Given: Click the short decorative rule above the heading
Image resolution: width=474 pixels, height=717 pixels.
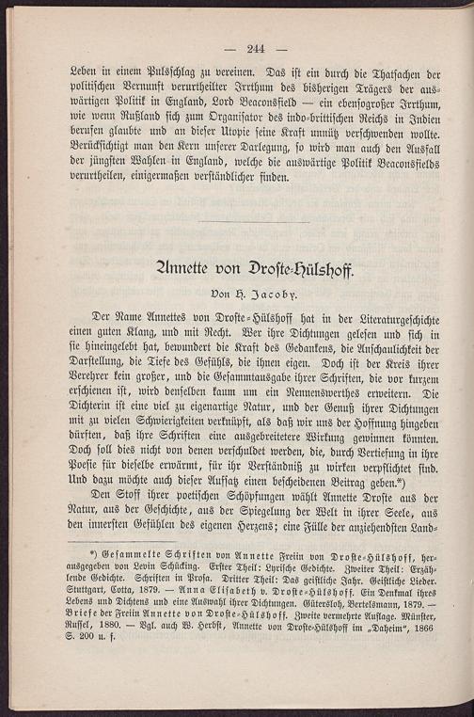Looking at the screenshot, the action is point(254,222).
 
